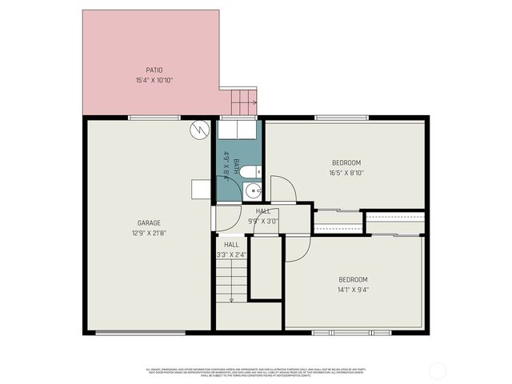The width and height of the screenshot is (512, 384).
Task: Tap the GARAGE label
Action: click(x=149, y=222)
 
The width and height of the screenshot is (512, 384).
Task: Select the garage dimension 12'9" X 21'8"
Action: click(x=149, y=233)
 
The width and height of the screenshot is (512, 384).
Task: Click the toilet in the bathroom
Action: click(x=249, y=171)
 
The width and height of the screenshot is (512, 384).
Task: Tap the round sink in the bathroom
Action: click(x=253, y=190)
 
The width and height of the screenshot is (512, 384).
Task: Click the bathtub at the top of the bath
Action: click(x=238, y=129)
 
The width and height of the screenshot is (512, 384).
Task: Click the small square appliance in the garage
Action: click(x=202, y=189)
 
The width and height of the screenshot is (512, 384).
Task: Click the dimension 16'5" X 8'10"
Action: click(x=346, y=173)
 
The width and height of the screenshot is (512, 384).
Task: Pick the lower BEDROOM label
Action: click(x=353, y=279)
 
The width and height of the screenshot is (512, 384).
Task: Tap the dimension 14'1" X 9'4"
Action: click(x=353, y=290)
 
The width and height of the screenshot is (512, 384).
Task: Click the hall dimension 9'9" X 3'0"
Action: click(x=262, y=221)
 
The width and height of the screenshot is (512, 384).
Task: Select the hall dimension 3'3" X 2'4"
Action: click(x=231, y=254)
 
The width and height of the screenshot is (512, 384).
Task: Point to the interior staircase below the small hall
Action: click(x=230, y=280)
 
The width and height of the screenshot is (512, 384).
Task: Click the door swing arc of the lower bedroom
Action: click(x=296, y=249)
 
